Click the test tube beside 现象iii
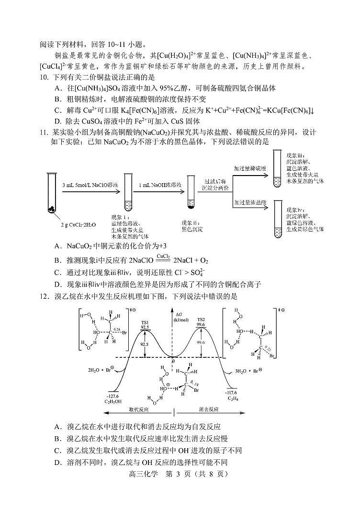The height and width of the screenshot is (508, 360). tap(276, 168)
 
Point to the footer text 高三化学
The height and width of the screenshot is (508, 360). tap(143, 474)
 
